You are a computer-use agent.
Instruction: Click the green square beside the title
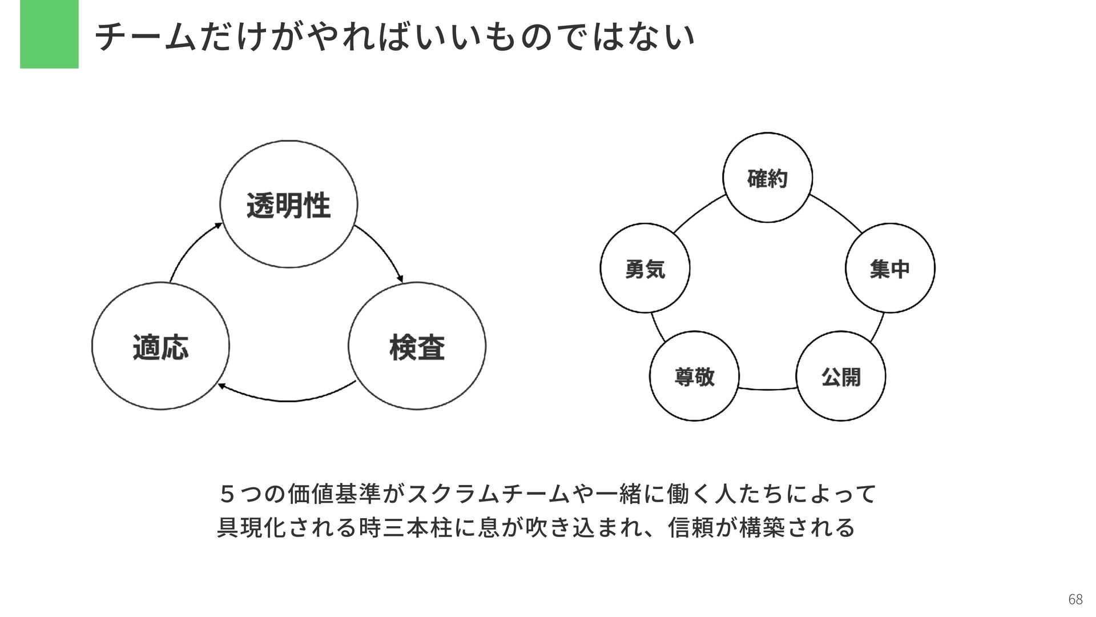[49, 34]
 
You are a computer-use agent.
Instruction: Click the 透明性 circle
[289, 205]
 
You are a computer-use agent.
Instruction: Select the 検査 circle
[417, 346]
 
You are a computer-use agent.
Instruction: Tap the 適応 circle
[160, 346]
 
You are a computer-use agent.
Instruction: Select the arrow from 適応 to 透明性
[191, 249]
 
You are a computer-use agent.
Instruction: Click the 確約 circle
[767, 178]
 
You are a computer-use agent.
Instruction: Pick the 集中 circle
[890, 268]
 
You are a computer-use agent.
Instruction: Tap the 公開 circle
[841, 376]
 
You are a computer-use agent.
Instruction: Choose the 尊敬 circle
[694, 376]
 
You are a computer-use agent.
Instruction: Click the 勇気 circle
[645, 268]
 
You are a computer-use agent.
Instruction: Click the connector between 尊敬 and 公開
[768, 390]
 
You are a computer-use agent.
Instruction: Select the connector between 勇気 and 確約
[698, 213]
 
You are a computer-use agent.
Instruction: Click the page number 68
[1075, 599]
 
